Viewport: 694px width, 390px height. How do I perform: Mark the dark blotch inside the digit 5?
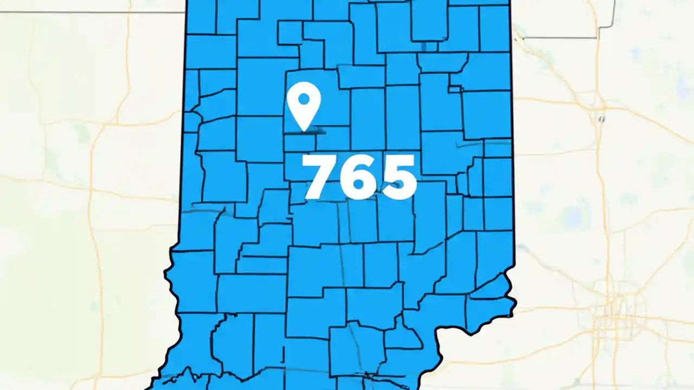point(399,185)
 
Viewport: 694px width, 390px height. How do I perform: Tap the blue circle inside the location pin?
point(304,99)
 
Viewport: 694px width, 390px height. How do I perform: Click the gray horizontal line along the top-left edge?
point(92,12)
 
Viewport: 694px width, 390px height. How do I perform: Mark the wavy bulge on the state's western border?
point(170,271)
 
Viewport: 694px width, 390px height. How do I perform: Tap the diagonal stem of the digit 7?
point(320,181)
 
